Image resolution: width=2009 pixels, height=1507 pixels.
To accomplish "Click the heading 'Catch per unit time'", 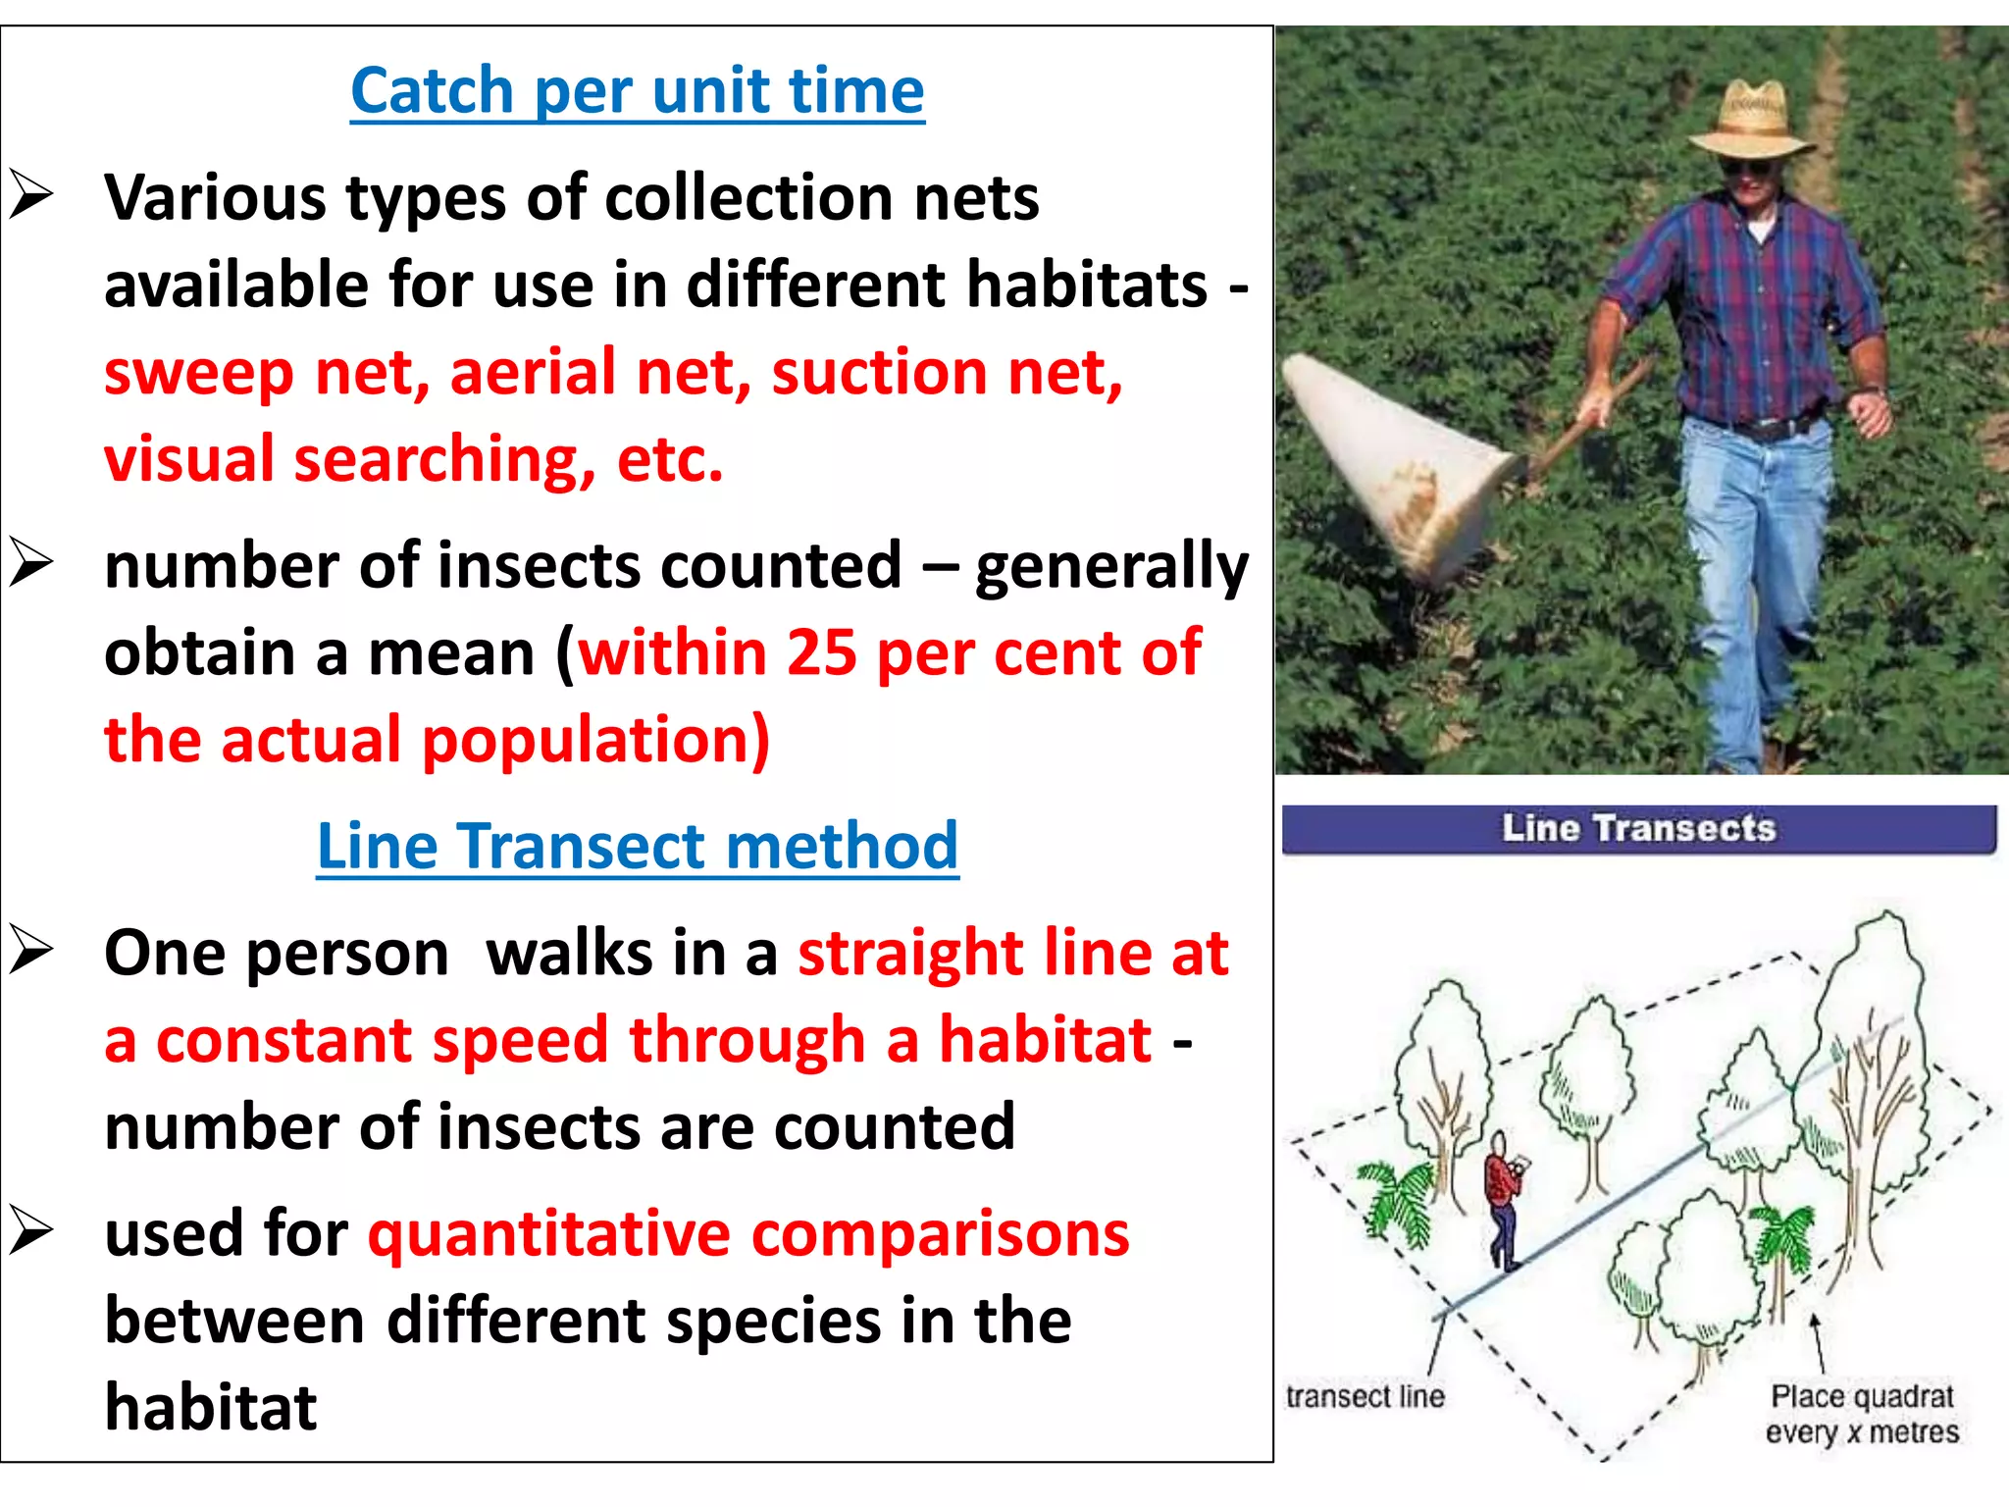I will [638, 90].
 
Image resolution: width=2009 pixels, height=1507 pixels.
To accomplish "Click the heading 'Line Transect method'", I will [638, 846].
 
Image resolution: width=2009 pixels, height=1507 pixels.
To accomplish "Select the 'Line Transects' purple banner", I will [1638, 829].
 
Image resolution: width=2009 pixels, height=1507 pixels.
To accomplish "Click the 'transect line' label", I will [1365, 1396].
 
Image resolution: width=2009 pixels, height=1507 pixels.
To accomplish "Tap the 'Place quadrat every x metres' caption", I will [1862, 1414].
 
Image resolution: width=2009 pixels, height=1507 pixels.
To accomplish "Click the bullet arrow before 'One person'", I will [31, 952].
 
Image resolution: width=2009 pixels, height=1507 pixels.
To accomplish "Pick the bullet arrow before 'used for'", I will [31, 1232].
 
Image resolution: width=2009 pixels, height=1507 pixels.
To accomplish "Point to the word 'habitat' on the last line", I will [211, 1408].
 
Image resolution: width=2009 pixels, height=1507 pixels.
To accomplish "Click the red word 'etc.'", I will [670, 459].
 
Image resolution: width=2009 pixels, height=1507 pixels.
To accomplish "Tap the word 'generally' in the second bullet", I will [1111, 567].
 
